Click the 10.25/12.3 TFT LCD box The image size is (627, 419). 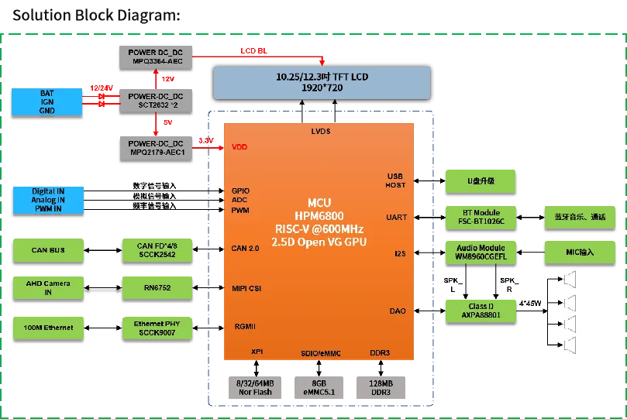pos(321,82)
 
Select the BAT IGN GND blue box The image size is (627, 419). pos(47,101)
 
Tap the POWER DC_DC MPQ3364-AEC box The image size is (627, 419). pos(156,56)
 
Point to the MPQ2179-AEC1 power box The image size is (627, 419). pos(156,147)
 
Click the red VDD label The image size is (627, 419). pos(239,146)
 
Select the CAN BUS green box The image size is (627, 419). pos(48,250)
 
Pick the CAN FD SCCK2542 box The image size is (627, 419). pos(156,250)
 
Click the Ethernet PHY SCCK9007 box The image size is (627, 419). pos(156,328)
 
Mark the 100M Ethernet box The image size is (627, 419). pos(48,328)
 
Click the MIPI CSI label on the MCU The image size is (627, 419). pos(246,288)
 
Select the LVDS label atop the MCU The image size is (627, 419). pos(319,132)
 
